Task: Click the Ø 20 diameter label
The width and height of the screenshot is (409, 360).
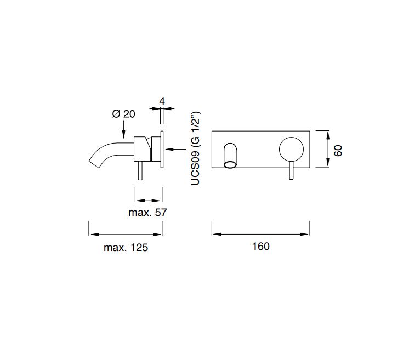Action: point(124,114)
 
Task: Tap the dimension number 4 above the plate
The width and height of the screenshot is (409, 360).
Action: point(162,101)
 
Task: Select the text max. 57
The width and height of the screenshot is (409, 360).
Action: point(147,213)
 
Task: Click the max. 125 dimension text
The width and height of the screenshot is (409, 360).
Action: point(126,247)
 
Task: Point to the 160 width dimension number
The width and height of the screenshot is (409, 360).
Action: point(261,247)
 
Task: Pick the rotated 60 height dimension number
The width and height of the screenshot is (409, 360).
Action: point(338,151)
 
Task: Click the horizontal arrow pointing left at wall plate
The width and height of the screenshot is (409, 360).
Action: point(175,149)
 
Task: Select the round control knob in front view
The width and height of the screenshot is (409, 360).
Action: point(291,150)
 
